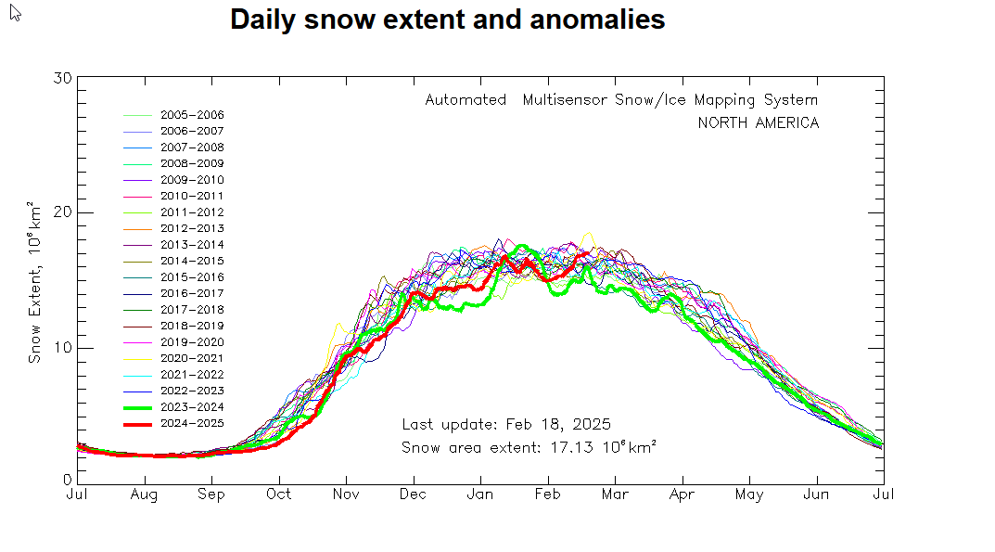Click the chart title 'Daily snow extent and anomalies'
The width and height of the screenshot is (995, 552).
pos(447,19)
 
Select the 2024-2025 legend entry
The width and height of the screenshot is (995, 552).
pos(191,423)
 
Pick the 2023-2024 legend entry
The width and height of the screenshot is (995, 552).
pos(191,407)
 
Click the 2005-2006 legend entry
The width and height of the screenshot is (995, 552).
pos(191,115)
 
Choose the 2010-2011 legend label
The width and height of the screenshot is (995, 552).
pos(191,196)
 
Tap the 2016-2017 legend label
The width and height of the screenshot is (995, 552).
pos(191,293)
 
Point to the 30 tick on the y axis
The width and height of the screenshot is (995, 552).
pos(63,77)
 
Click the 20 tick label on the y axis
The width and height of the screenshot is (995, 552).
pos(63,212)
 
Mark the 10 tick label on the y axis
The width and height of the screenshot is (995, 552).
pos(63,348)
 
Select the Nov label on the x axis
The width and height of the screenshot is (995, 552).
pos(346,495)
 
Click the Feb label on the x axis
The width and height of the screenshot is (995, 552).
pos(548,495)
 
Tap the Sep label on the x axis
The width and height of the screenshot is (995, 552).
pos(211,495)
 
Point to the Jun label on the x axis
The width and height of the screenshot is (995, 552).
pos(817,495)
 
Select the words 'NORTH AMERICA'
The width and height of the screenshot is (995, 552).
pos(758,122)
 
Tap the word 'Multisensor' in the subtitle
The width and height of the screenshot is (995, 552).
pos(565,100)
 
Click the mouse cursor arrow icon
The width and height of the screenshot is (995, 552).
pos(15,12)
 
